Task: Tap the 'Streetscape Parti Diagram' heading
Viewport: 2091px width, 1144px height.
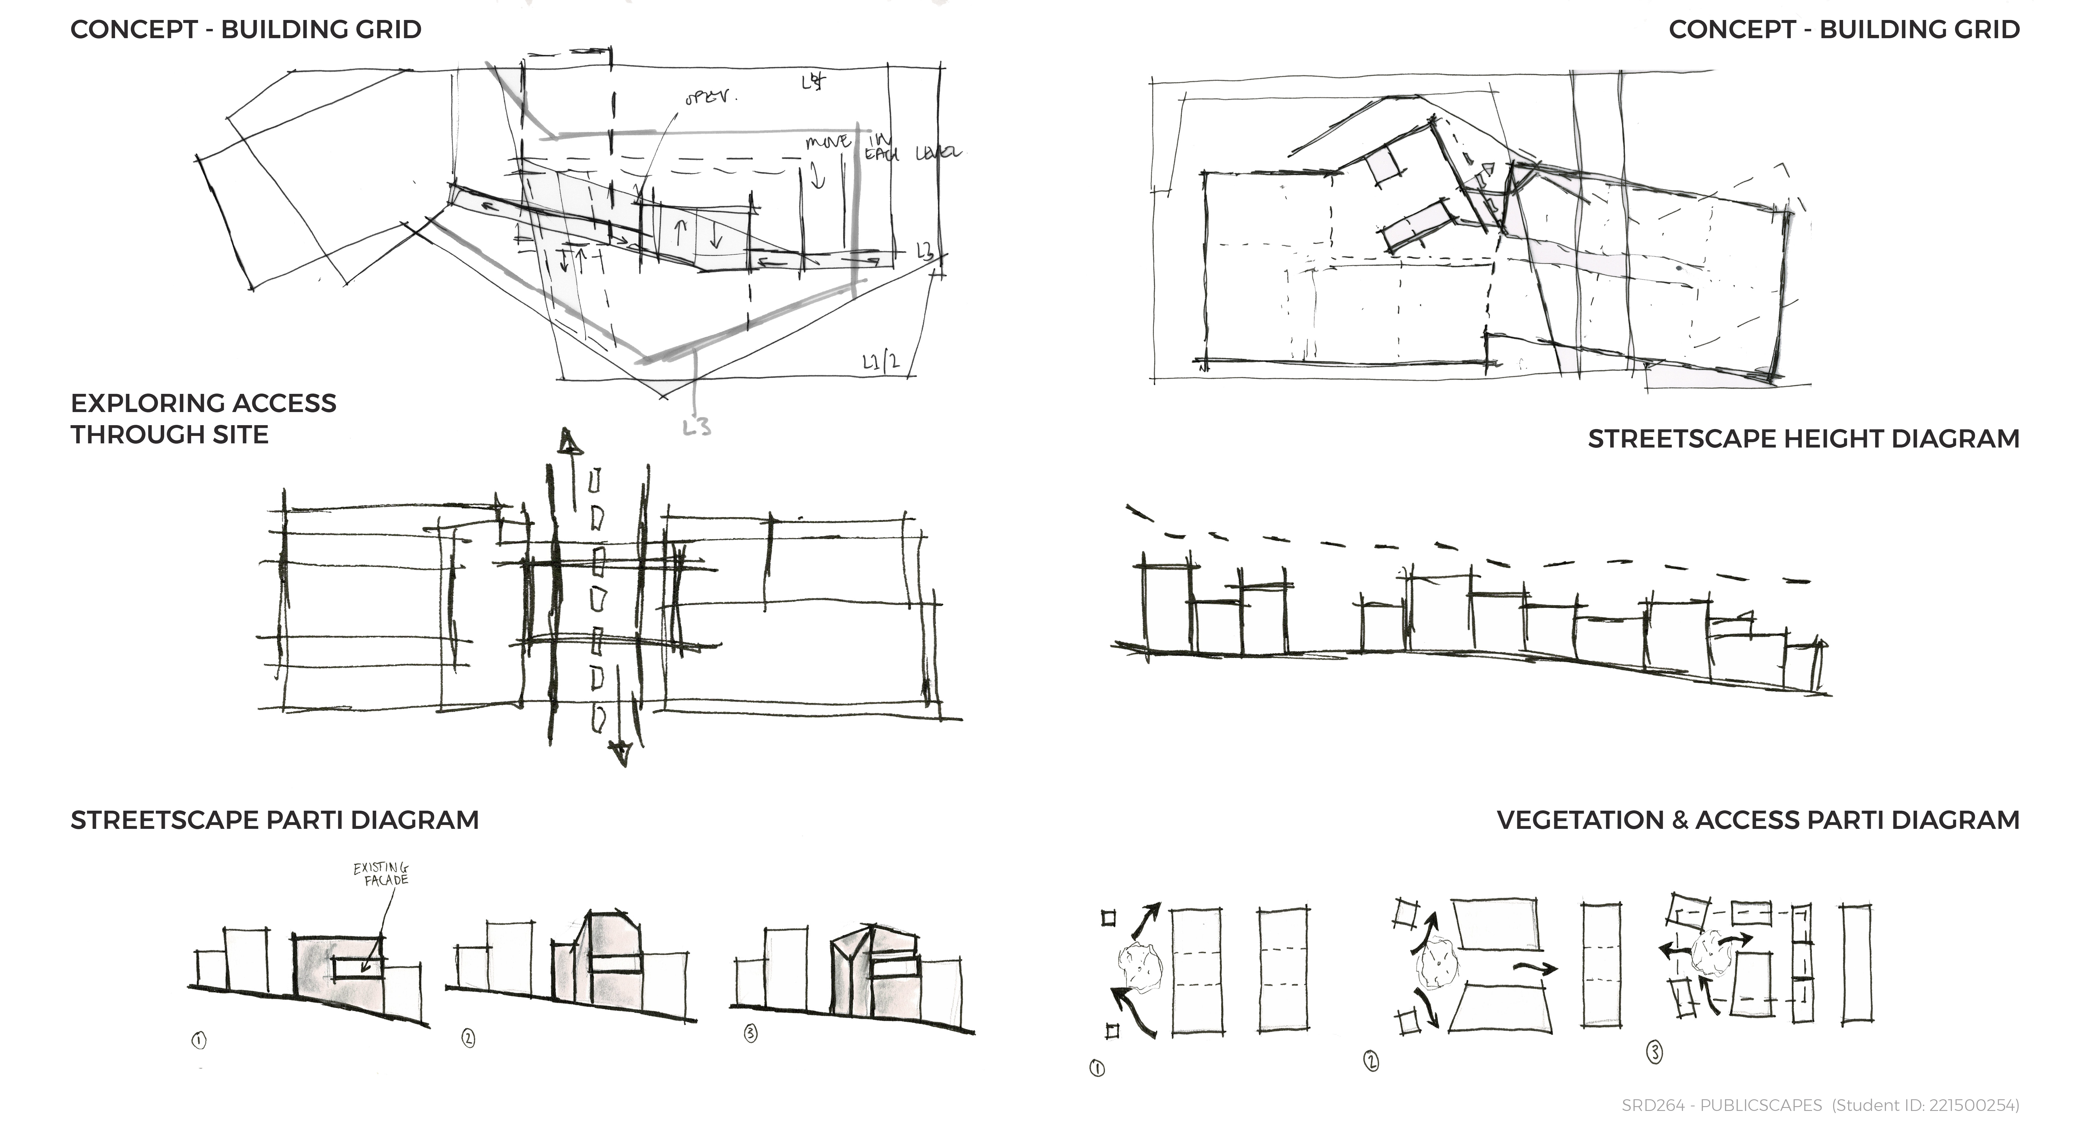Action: tap(274, 820)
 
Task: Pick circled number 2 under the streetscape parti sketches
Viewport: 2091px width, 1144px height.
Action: tap(469, 1038)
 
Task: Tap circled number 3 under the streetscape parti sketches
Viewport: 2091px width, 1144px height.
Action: tap(751, 1033)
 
